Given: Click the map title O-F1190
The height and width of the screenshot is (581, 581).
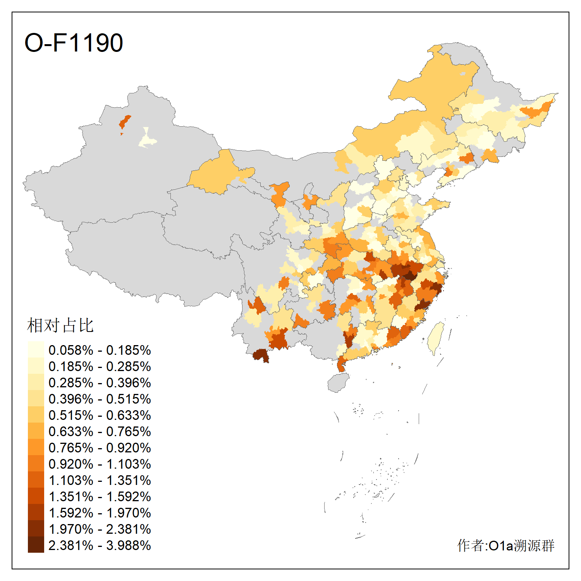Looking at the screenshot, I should pos(74,43).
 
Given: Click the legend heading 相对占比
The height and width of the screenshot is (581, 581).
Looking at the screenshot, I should pos(60,325).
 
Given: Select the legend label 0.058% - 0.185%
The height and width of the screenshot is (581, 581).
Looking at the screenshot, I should pos(100,350).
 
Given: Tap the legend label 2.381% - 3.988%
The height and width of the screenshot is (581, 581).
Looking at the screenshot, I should pos(100,545).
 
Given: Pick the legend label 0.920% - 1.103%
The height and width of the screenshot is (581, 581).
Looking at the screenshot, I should pos(100,464).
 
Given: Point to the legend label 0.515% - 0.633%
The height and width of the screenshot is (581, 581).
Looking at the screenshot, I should pos(100,415).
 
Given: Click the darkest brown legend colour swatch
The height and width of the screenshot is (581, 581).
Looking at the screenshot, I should pos(36,545).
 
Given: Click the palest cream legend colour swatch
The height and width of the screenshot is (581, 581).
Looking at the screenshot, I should pos(36,350).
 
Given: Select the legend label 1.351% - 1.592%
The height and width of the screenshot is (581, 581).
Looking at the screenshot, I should pos(100,497).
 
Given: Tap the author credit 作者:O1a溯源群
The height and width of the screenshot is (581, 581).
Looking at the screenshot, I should pos(506,545).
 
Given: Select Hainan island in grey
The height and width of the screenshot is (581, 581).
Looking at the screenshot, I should pos(338,383).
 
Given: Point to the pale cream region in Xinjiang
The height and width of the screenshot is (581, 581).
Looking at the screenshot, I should pos(147,139).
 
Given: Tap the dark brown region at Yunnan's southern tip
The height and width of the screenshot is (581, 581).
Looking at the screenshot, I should pos(261,355).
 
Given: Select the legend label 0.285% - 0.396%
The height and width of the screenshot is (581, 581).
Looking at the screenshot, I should pos(100,383).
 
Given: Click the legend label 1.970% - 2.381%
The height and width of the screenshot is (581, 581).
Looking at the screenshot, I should pos(100,529).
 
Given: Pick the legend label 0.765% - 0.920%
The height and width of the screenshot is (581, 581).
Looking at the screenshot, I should pos(100,448).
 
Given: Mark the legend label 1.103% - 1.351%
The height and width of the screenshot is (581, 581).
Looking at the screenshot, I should pos(100,480).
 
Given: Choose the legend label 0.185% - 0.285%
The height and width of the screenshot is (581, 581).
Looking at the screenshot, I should pos(100,366).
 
